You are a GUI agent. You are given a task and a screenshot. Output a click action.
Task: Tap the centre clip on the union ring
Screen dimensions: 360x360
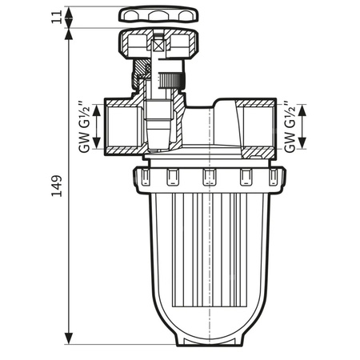pos(209,177)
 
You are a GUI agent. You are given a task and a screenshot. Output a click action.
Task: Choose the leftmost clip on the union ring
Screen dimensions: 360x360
pos(145,177)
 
